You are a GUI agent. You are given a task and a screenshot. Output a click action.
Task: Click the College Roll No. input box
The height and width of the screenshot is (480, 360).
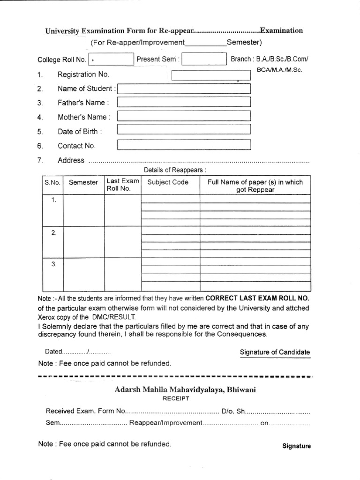(x=111, y=59)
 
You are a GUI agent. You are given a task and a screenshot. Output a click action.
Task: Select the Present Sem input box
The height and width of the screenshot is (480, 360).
(x=204, y=59)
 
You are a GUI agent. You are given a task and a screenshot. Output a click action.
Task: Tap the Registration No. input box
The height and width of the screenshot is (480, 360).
(x=211, y=75)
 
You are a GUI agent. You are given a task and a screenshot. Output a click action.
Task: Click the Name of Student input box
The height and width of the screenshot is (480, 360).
(x=184, y=89)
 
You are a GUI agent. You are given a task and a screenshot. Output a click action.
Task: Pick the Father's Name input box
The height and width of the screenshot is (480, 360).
(x=184, y=102)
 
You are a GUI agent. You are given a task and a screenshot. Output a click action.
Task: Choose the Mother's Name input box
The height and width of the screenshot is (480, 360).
(x=184, y=116)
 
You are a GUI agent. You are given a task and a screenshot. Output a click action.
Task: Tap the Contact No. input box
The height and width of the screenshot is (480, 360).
(x=184, y=145)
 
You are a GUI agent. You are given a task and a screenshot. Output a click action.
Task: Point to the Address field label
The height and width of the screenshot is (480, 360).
(x=71, y=160)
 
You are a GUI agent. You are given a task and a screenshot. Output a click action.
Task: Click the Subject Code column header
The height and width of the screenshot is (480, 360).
(x=168, y=182)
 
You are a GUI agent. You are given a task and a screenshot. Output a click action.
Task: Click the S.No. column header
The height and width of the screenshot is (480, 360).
(x=52, y=182)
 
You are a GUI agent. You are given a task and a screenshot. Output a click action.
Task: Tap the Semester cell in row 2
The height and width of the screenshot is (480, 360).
(x=83, y=242)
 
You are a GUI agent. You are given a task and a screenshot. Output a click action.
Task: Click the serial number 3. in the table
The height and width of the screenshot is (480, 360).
(x=53, y=264)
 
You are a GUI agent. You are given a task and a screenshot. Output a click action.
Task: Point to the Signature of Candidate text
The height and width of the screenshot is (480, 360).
(x=275, y=352)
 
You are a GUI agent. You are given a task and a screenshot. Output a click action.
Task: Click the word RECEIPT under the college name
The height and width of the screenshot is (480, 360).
(x=176, y=398)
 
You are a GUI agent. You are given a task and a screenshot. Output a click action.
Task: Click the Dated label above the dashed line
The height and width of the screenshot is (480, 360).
(x=53, y=352)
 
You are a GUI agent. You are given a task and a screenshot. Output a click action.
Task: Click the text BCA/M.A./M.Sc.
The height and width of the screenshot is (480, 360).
(x=279, y=69)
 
